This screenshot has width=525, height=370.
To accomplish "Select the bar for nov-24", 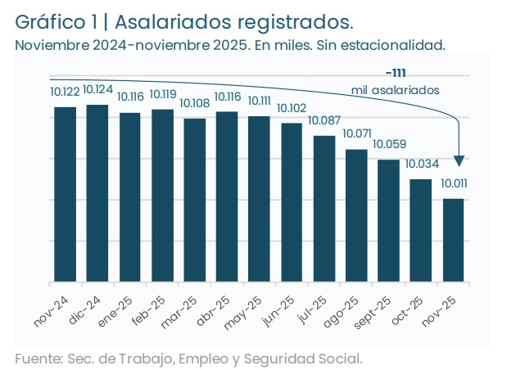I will click(66, 195).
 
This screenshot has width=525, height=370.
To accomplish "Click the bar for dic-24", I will click(97, 193).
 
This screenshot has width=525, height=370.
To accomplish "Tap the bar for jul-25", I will click(324, 209).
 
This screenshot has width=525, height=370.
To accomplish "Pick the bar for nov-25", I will click(454, 241).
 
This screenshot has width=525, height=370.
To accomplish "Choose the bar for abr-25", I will click(227, 196).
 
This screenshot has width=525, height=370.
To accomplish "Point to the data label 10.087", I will click(324, 121).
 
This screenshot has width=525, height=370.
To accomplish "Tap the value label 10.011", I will click(454, 183).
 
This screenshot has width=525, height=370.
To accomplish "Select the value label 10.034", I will click(421, 164).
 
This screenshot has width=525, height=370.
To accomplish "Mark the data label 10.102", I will click(292, 108).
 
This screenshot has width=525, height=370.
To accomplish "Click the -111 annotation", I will click(396, 73).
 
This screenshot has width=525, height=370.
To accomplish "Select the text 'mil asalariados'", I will click(396, 88).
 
